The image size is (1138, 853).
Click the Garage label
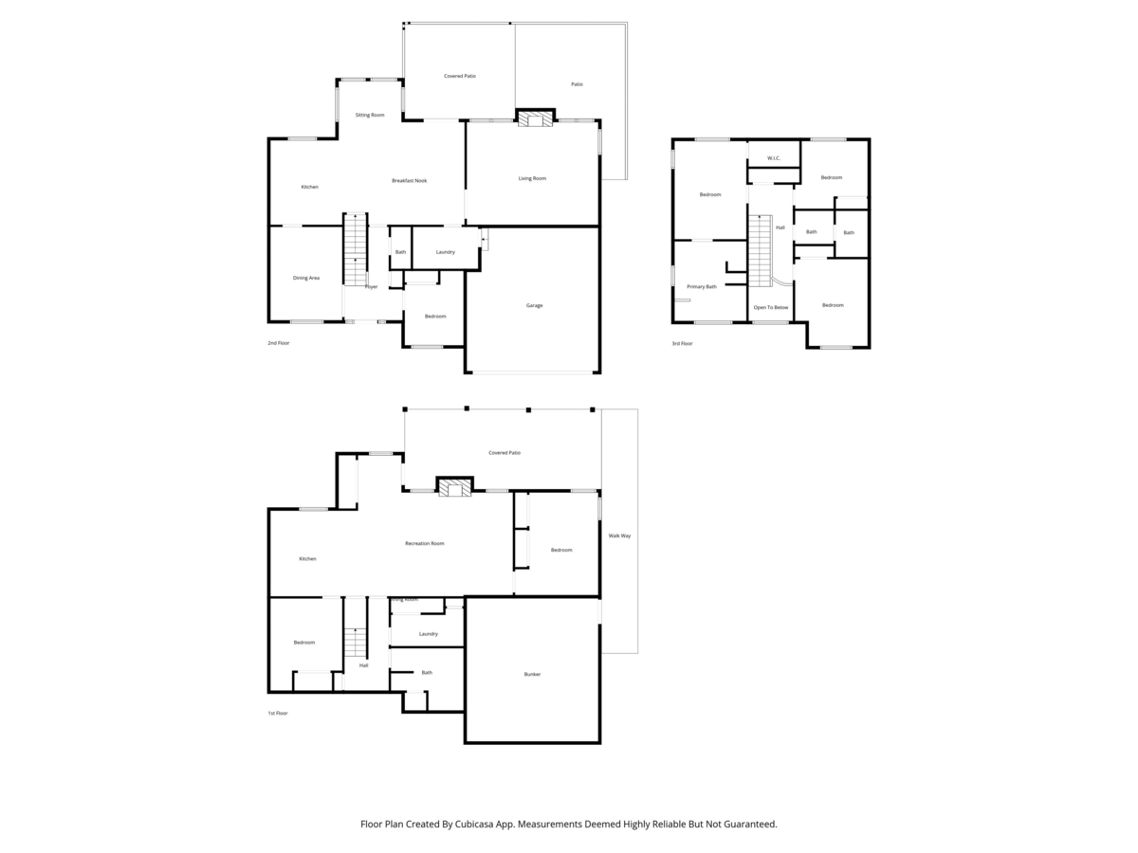535,305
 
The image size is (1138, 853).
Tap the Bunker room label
532,674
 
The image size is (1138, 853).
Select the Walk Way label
619,535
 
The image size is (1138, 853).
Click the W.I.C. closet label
773,158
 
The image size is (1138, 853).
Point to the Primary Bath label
702,286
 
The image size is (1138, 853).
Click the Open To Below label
770,307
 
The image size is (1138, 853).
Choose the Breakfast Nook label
410,180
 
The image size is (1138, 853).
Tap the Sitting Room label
370,115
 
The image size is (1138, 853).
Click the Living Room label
532,178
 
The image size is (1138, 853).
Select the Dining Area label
306,278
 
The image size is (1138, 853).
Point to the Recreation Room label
425,543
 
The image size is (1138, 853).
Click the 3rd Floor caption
682,343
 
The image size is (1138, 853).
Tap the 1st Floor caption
277,713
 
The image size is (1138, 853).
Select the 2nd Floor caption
278,342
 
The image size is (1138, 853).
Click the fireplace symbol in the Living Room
533,118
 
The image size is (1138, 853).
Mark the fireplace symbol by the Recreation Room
453,487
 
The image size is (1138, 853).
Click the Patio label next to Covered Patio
577,84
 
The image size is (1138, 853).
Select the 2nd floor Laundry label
446,252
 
